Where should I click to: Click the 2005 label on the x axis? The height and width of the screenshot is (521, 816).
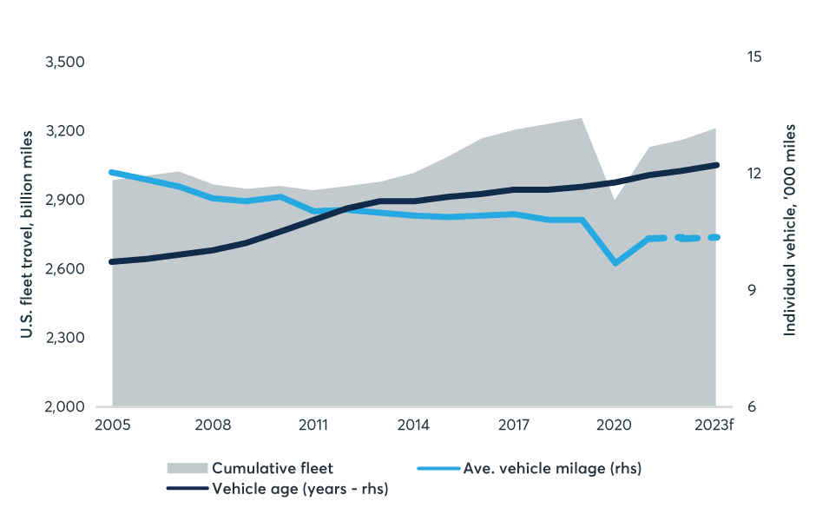pyautogui.click(x=112, y=425)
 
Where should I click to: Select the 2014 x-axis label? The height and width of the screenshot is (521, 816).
pyautogui.click(x=413, y=425)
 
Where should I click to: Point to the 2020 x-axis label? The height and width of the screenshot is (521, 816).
pyautogui.click(x=615, y=425)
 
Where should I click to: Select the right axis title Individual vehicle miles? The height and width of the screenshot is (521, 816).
pyautogui.click(x=789, y=230)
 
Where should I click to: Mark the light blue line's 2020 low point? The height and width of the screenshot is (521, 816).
pyautogui.click(x=615, y=262)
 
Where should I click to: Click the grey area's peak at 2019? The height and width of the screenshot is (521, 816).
pyautogui.click(x=581, y=118)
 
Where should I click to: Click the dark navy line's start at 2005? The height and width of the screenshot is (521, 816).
pyautogui.click(x=112, y=261)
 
